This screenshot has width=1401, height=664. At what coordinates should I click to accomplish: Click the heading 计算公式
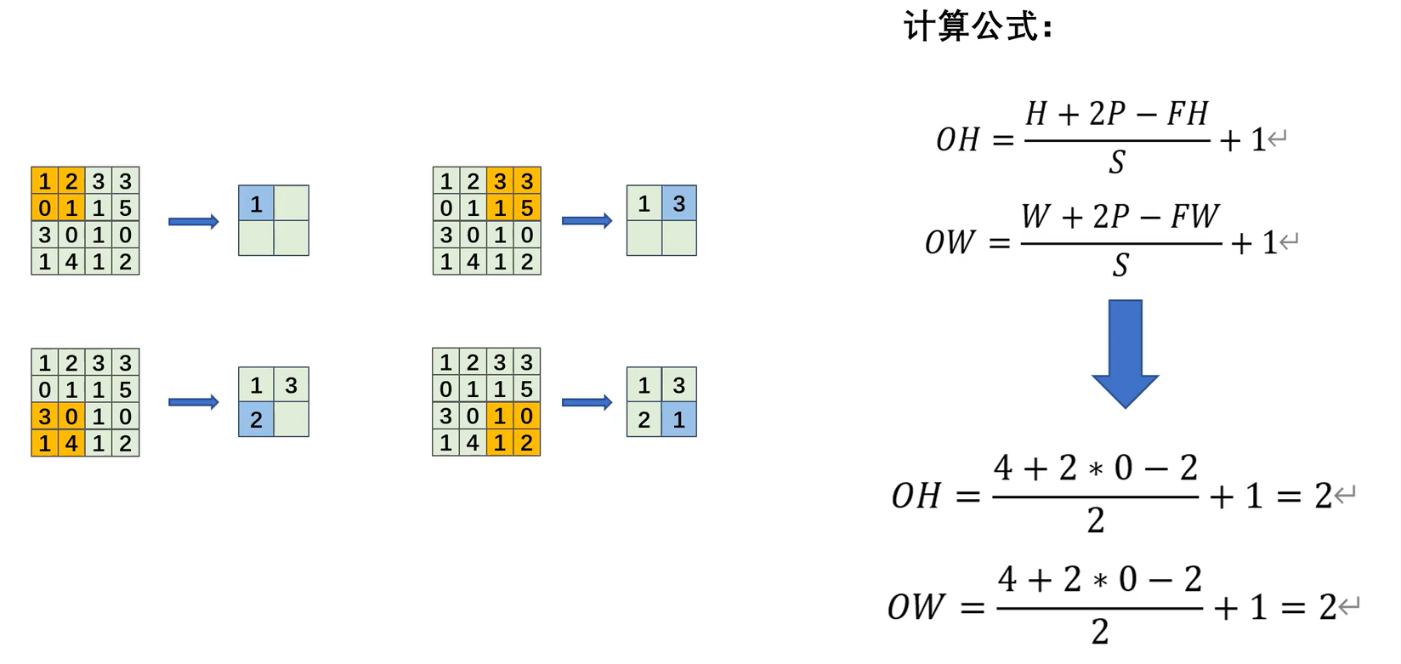tap(978, 26)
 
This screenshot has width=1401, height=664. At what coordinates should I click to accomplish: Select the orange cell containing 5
tap(527, 208)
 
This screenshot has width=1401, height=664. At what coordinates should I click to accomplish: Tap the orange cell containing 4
tap(71, 443)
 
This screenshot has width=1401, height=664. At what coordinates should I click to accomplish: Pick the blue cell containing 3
tap(678, 204)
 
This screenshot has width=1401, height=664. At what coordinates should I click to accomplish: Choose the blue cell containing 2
tap(256, 420)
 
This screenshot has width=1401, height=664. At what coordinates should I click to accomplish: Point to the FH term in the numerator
tap(1187, 113)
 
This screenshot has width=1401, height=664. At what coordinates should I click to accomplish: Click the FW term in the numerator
tap(1194, 217)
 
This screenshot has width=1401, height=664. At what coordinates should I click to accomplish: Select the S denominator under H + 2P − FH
tap(1116, 162)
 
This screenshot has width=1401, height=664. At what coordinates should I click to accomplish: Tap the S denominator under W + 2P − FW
tap(1120, 266)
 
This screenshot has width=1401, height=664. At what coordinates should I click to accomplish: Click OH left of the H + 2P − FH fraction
tap(957, 139)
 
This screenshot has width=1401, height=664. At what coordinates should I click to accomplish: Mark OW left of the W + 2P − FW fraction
tap(949, 243)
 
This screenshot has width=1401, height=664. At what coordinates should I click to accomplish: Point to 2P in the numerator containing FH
tap(1107, 113)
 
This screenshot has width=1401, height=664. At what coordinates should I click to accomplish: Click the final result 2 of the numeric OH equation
tap(1323, 496)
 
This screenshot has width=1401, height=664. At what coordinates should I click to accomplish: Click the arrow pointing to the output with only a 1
tap(194, 222)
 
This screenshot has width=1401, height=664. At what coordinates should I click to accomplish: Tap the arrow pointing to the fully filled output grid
tap(587, 402)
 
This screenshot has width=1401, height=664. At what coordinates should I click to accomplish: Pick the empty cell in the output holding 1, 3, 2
tap(291, 420)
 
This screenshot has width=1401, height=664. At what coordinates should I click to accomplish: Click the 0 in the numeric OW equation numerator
tap(1127, 580)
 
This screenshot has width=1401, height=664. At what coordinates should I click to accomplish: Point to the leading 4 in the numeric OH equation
tap(1003, 468)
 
